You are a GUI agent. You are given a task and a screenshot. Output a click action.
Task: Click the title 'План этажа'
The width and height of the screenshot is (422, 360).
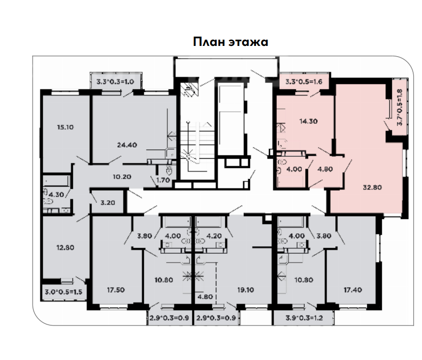coord(230,42)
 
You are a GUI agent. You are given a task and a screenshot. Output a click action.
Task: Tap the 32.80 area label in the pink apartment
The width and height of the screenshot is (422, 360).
coord(372,187)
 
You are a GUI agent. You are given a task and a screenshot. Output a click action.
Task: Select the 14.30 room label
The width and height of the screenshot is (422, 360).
coord(308,121)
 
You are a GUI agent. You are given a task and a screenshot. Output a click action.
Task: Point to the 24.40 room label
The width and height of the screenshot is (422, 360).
coord(127,145)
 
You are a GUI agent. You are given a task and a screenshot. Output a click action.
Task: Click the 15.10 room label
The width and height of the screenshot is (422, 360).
coord(65,127)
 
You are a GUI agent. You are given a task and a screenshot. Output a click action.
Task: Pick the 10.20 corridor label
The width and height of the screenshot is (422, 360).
coord(122,177)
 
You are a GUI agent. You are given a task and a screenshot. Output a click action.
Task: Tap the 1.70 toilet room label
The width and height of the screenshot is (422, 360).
coord(163,180)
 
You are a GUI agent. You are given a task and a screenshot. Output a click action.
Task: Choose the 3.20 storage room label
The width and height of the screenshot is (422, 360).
coord(108,202)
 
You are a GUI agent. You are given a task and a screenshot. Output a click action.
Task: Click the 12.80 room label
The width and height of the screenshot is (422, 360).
coord(65,247)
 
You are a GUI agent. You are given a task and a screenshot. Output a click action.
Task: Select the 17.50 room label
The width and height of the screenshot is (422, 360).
coord(116,290)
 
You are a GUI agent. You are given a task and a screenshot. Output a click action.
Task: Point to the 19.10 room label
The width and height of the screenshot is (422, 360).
coord(245,290)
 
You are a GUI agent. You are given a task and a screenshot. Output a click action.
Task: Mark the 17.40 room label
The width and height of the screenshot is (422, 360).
coord(353,290)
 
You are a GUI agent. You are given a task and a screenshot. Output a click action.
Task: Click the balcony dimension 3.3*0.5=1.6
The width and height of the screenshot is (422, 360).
coord(304,82)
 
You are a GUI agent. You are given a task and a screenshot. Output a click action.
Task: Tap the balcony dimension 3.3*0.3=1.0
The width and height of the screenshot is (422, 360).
coord(115,82)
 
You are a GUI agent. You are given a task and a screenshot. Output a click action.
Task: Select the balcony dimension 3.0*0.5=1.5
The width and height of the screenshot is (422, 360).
coord(64,292)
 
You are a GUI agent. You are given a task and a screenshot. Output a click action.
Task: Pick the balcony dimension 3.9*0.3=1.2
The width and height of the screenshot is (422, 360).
coord(304,318)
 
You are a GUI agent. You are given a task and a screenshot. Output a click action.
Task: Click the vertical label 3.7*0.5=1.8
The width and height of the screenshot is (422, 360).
coord(399,107)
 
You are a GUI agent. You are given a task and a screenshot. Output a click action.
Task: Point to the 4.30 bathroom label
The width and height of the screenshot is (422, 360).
coord(56,194)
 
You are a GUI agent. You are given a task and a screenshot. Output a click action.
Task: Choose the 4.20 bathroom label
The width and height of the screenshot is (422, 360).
coord(214,236)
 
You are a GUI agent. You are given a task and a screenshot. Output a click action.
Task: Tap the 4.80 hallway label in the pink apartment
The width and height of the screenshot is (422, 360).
coord(325,169)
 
